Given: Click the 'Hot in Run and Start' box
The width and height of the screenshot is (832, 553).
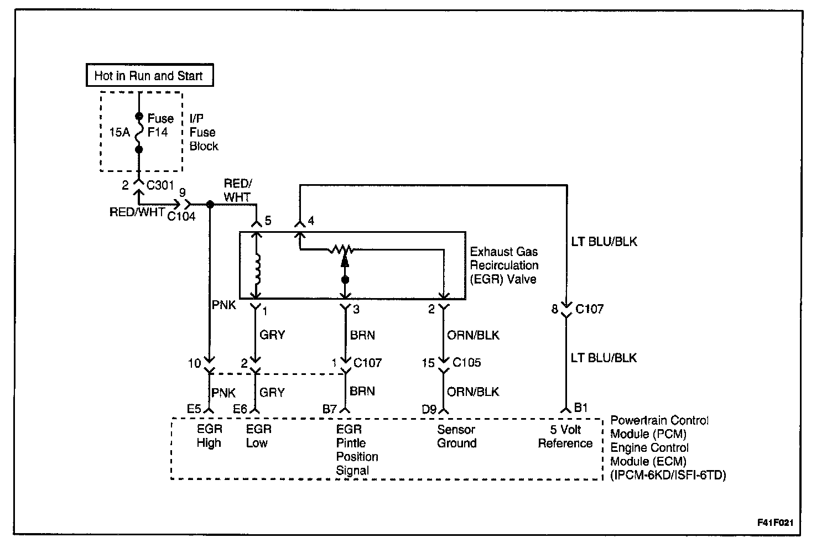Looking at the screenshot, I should [x=149, y=76].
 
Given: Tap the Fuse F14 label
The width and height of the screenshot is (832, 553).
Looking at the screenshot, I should [x=160, y=126].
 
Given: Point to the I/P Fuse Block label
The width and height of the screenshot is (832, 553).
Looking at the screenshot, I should [x=204, y=133].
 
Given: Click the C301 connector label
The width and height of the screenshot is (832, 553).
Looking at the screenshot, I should [x=160, y=185].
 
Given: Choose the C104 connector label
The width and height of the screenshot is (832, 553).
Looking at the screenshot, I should [x=181, y=216].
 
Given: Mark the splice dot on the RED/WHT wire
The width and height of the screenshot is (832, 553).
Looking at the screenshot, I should [x=210, y=205].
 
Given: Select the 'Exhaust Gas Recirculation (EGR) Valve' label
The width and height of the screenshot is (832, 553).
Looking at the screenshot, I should [x=503, y=265].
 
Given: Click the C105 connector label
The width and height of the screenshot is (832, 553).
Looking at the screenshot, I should [x=466, y=363].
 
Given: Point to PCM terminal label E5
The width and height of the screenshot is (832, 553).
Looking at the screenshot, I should [x=194, y=409].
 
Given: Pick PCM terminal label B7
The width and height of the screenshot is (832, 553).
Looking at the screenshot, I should [x=330, y=409].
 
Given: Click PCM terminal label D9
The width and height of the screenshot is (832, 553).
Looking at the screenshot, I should [x=429, y=409].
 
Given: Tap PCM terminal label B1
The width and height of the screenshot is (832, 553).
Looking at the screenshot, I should [x=580, y=408].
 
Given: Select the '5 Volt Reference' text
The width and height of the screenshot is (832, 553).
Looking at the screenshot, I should [x=565, y=436].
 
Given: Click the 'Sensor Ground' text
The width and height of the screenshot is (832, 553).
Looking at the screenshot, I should [x=456, y=436].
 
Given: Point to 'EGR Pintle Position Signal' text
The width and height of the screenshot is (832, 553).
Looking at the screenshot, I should [x=357, y=450].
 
